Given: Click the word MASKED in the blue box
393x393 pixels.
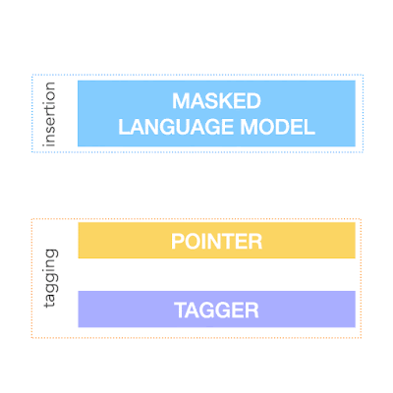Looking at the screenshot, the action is coord(216,101).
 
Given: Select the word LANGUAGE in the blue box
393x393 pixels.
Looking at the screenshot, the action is coord(177,127).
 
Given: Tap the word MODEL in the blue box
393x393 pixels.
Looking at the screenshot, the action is coord(278,127).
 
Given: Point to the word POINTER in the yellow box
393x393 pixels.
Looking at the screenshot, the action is coord(216,242).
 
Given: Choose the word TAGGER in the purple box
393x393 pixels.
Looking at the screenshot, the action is coord(216,310).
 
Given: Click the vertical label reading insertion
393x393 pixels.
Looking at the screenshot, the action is coord(49,114).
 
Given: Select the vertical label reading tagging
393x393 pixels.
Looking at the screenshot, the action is coord(50,278).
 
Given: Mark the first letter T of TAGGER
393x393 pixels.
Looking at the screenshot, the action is coord(181,310).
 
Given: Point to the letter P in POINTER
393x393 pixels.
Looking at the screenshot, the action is coord(177,242).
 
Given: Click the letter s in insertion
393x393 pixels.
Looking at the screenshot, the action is coord(50,128).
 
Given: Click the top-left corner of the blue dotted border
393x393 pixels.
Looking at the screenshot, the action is coord(32,75).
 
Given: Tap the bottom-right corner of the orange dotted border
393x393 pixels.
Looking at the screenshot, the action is coord(361,338).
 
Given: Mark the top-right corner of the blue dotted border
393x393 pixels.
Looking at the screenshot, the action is coord(364,75).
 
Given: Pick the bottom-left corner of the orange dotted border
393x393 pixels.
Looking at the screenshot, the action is coord(31,338).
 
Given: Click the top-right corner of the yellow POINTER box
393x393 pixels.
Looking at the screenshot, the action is coord(356,222).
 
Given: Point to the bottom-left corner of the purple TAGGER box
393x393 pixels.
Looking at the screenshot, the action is coord(79,327).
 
